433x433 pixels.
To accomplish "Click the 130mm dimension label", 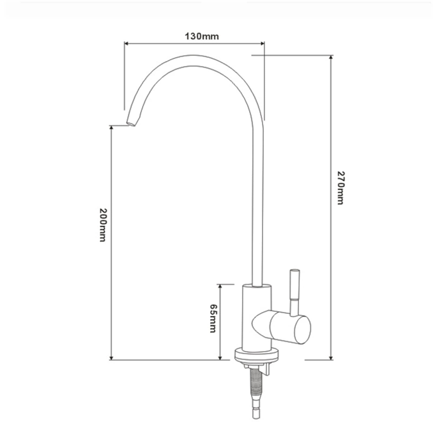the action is pos(202,36).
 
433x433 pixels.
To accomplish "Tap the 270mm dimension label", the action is pos(340,188).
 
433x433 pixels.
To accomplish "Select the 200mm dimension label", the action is pos(103,225).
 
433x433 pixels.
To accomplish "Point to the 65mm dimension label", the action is pos(214,318).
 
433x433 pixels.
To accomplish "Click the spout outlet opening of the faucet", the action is pos(131,124).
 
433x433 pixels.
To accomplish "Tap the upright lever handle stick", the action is pos(294,292).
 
